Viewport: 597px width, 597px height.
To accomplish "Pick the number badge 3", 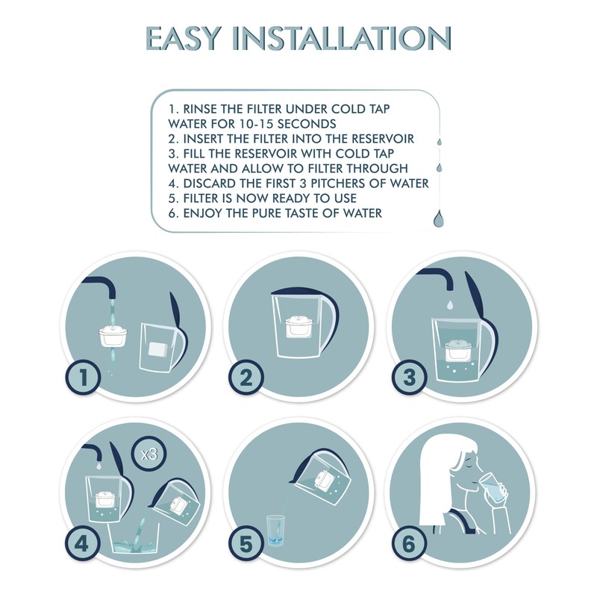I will click(x=409, y=378).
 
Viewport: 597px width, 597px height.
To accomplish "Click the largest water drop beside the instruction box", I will click(x=437, y=218).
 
